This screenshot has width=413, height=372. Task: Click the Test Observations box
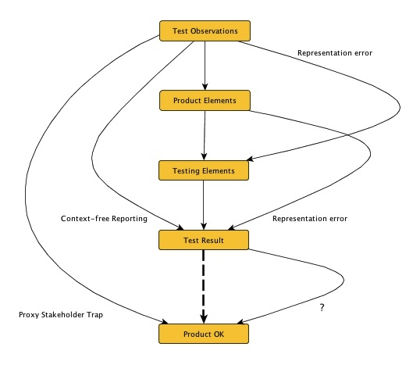click(205, 31)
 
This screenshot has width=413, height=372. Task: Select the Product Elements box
click(205, 100)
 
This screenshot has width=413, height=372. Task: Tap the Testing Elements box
click(205, 170)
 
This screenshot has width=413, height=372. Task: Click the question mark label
click(322, 308)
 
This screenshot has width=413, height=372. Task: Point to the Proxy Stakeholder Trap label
click(60, 315)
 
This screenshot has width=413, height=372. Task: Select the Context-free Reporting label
click(104, 219)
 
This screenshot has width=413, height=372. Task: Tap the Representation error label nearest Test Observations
click(333, 53)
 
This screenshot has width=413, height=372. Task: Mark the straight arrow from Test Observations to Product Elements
click(205, 66)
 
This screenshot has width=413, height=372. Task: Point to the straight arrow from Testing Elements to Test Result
click(205, 205)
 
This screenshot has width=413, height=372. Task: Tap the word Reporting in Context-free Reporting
click(127, 219)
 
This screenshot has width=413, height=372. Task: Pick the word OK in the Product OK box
click(221, 334)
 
